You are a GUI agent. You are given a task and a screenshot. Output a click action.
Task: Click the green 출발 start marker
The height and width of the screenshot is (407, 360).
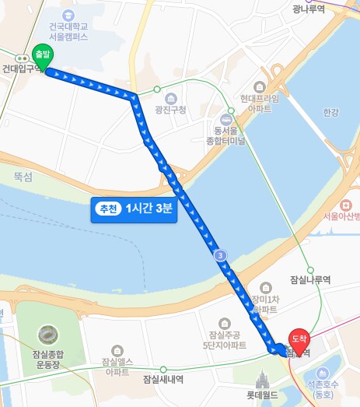tap(43, 55)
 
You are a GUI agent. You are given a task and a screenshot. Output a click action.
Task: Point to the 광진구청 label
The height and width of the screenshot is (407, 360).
tap(170, 110)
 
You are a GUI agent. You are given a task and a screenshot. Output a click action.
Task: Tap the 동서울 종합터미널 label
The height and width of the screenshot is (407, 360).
tap(225, 136)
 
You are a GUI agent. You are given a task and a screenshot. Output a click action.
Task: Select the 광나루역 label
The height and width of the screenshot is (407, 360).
tap(308, 9)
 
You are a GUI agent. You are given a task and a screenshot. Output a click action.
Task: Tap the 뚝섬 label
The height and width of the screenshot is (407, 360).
tap(23, 177)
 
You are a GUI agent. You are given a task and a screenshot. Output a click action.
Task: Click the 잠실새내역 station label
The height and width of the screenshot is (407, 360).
tap(163, 379)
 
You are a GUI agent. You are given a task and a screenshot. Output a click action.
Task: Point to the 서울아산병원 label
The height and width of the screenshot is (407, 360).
tap(341, 216)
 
